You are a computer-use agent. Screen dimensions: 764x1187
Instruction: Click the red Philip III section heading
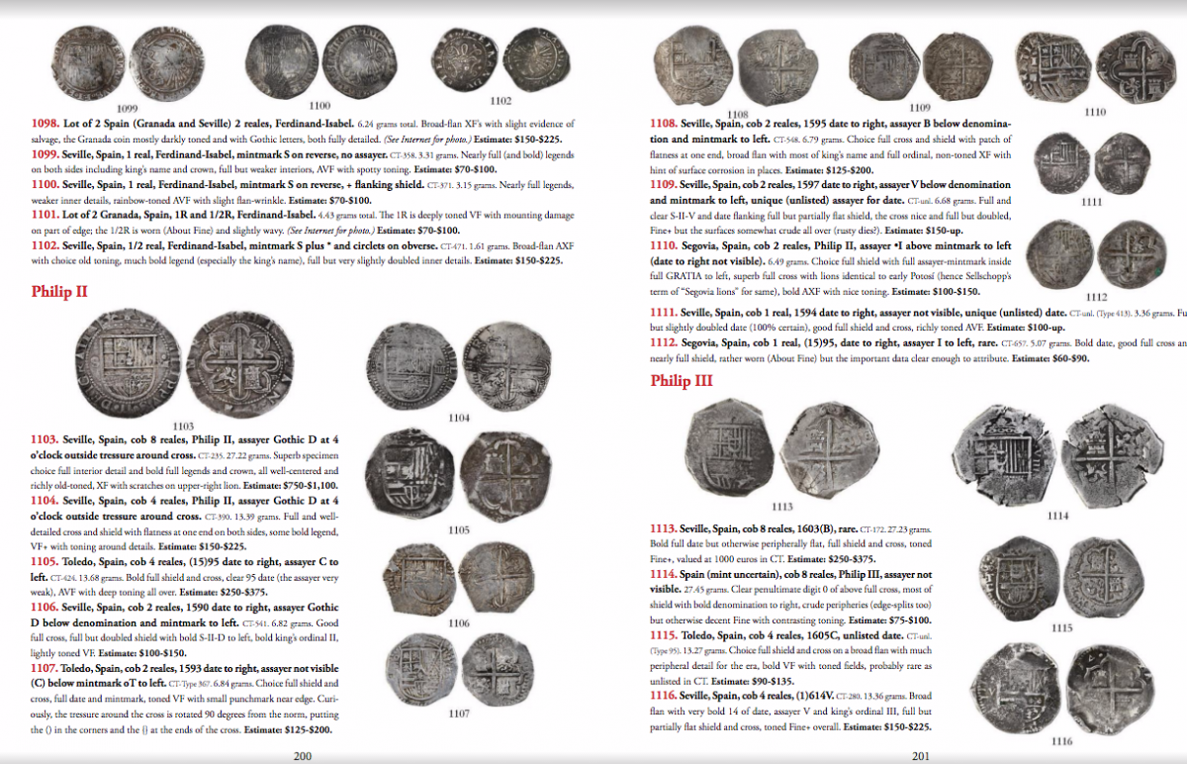point(683,381)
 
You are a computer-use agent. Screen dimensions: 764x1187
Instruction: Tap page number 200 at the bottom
point(303,754)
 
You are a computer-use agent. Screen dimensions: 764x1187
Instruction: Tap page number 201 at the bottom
point(923,754)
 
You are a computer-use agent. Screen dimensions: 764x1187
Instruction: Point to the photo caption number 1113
point(781,507)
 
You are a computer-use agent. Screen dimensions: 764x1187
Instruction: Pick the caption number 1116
point(1062,741)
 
